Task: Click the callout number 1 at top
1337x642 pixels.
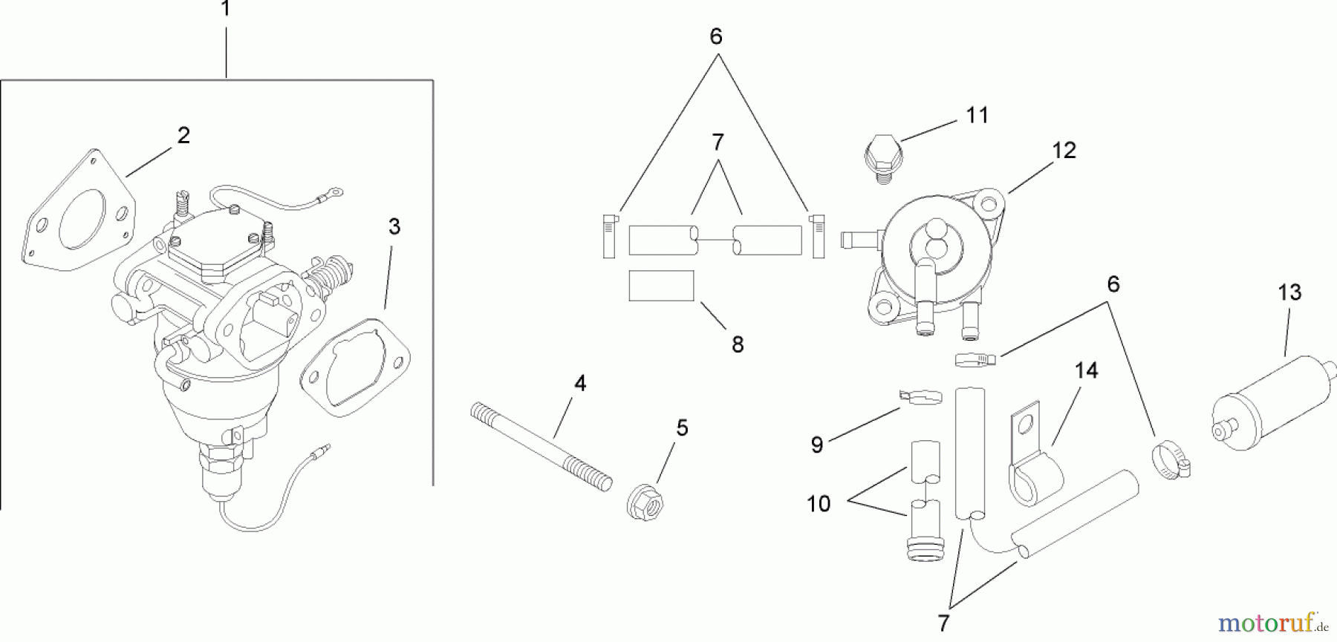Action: tap(226, 10)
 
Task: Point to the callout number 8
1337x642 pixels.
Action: tap(737, 344)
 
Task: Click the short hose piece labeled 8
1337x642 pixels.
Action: tap(661, 286)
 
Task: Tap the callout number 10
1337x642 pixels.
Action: tap(819, 504)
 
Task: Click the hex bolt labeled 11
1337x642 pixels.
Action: tap(882, 159)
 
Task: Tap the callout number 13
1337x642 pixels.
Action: tap(1289, 292)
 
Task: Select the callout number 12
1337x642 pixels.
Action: tap(1064, 151)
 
